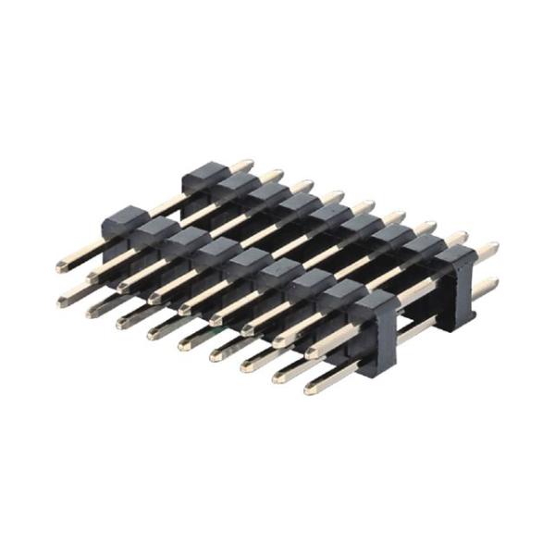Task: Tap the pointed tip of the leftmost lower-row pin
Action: coord(62,300)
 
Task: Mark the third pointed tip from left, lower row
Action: coord(122,322)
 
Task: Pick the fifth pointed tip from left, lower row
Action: coord(183,343)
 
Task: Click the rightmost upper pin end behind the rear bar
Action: coord(492,248)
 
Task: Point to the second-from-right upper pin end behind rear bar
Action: coord(460,237)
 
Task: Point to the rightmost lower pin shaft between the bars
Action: coord(421,327)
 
